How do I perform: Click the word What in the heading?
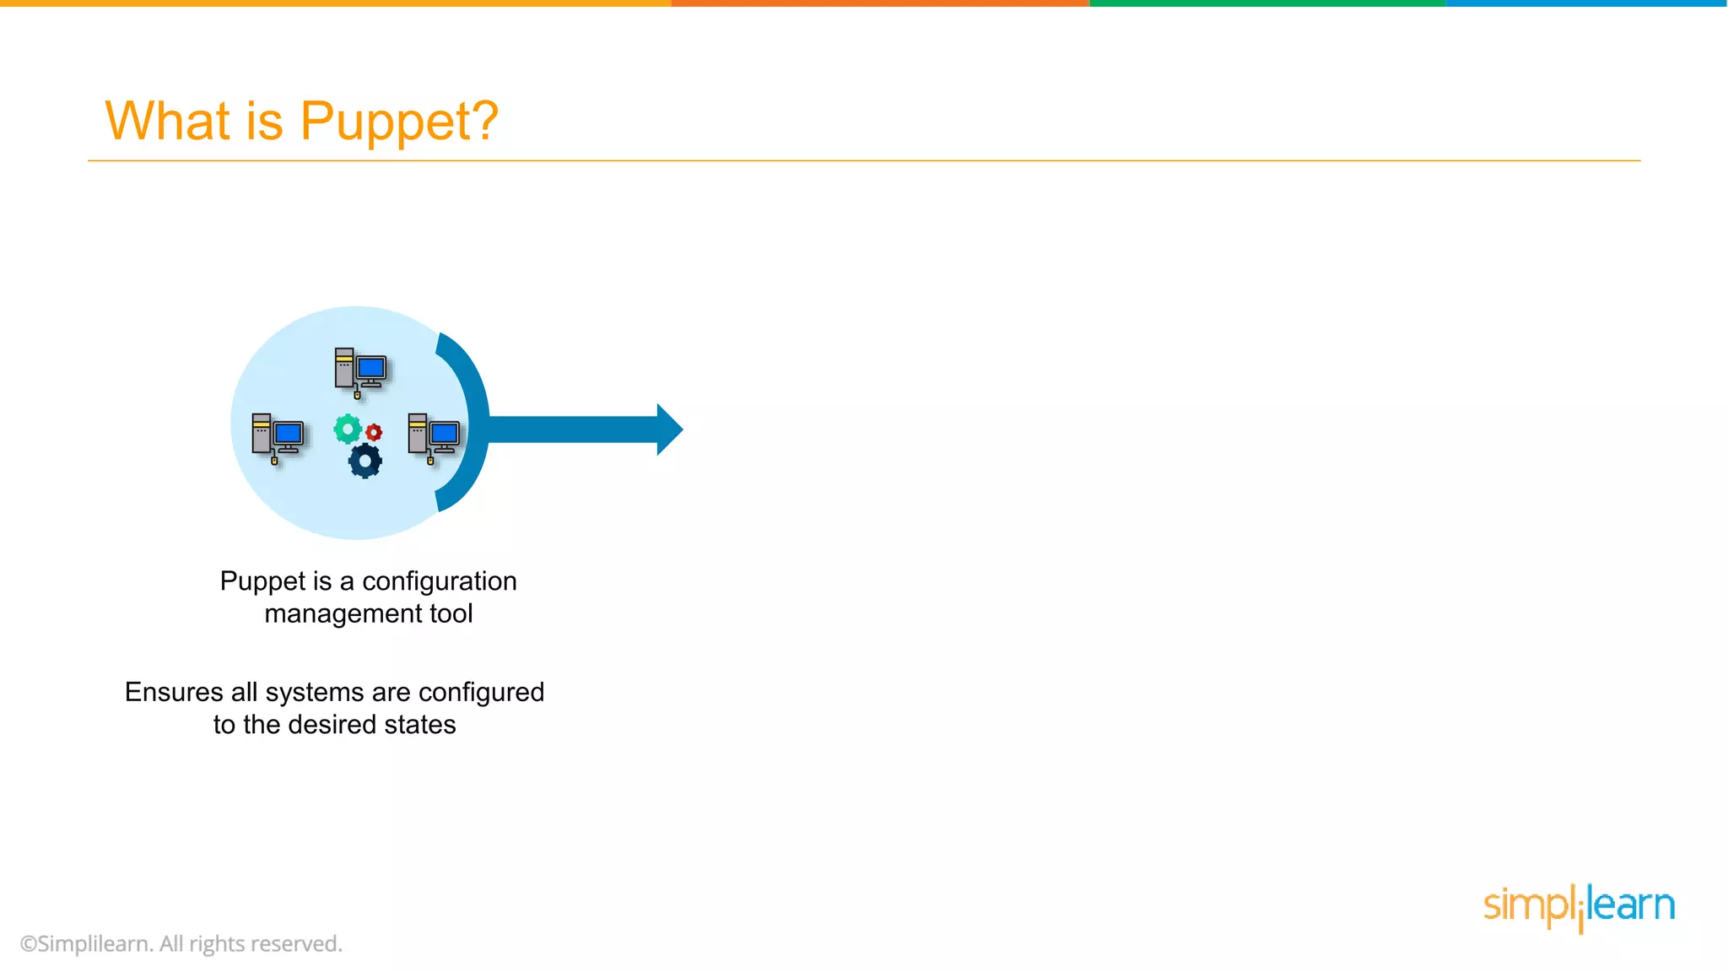point(167,120)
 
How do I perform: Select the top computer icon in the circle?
point(360,371)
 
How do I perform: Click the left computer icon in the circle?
point(278,437)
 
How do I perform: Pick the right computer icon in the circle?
point(434,437)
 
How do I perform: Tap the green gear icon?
point(347,429)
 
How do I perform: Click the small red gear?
point(374,432)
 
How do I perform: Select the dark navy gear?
point(364,461)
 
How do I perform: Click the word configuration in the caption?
point(439,581)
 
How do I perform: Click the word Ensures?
point(174,692)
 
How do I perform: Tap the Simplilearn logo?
point(1579,906)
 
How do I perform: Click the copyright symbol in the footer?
point(29,944)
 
